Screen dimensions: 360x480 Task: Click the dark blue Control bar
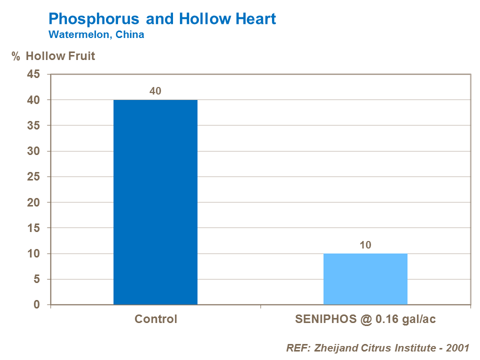click(155, 202)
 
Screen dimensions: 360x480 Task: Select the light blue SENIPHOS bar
click(365, 279)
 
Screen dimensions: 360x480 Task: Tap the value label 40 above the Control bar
click(155, 91)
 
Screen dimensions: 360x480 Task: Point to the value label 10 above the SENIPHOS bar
click(365, 245)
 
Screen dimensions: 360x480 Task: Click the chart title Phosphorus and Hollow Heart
click(162, 19)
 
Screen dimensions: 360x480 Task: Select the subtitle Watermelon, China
click(96, 34)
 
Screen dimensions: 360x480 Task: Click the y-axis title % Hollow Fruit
click(53, 56)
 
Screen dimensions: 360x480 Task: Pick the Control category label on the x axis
click(155, 319)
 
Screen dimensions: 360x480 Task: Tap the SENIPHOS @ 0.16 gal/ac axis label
click(365, 319)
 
